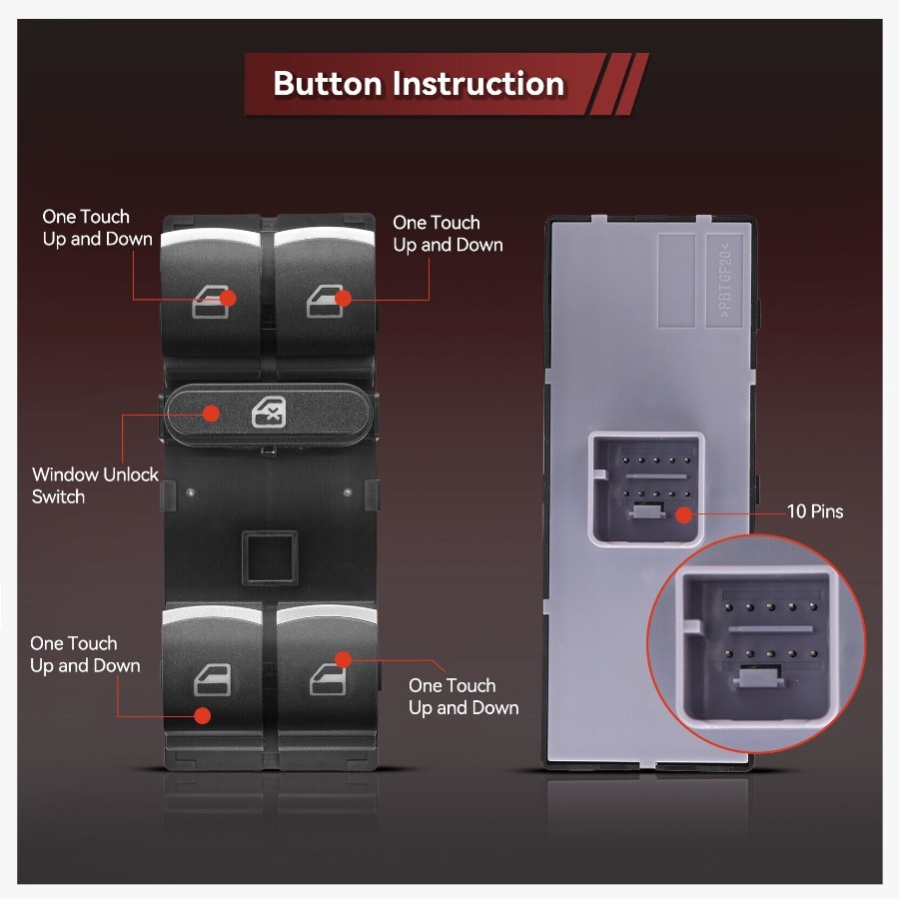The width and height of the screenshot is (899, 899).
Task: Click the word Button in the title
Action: pyautogui.click(x=327, y=84)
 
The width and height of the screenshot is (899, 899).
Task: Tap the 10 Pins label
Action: pyautogui.click(x=815, y=511)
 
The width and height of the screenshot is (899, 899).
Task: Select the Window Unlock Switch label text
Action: pyautogui.click(x=95, y=485)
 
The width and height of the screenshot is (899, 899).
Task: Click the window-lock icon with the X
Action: pyautogui.click(x=269, y=413)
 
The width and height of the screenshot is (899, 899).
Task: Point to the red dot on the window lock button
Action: pyautogui.click(x=212, y=414)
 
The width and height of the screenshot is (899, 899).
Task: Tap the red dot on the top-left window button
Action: pyautogui.click(x=228, y=298)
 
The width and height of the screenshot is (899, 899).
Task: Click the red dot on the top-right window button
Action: pyautogui.click(x=344, y=298)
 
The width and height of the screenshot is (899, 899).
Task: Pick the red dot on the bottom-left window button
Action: pyautogui.click(x=202, y=715)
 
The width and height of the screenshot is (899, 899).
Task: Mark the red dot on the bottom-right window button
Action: pyautogui.click(x=343, y=660)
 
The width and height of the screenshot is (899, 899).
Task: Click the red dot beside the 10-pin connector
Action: pyautogui.click(x=683, y=514)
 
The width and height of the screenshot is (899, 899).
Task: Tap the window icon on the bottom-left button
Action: pyautogui.click(x=212, y=680)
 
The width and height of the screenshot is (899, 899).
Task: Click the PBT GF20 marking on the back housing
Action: pyautogui.click(x=725, y=281)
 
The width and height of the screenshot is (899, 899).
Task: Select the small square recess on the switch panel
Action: pyautogui.click(x=270, y=557)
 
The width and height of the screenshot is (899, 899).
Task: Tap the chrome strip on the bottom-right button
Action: pyautogui.click(x=327, y=614)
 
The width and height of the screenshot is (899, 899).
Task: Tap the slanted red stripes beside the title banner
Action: pyautogui.click(x=619, y=84)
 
